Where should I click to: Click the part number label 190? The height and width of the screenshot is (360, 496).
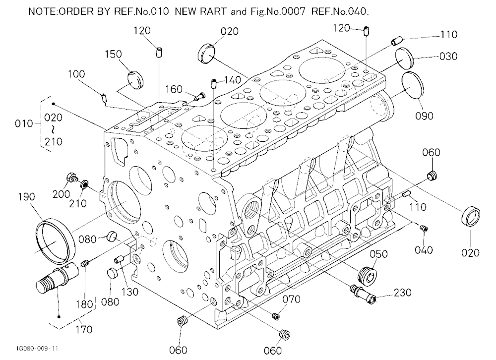pyautogui.click(x=27, y=197)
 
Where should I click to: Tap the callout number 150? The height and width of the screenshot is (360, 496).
pyautogui.click(x=113, y=54)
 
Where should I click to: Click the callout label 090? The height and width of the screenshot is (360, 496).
pyautogui.click(x=424, y=116)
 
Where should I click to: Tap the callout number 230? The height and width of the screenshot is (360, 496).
pyautogui.click(x=402, y=292)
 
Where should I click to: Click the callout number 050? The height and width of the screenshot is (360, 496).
pyautogui.click(x=378, y=254)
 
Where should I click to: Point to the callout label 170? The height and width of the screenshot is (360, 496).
pyautogui.click(x=84, y=330)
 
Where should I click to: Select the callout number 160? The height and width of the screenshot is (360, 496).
pyautogui.click(x=174, y=89)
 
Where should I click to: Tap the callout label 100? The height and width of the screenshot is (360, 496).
pyautogui.click(x=76, y=74)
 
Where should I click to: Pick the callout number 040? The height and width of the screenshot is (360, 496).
pyautogui.click(x=424, y=250)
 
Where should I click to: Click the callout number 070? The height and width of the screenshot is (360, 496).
pyautogui.click(x=291, y=299)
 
